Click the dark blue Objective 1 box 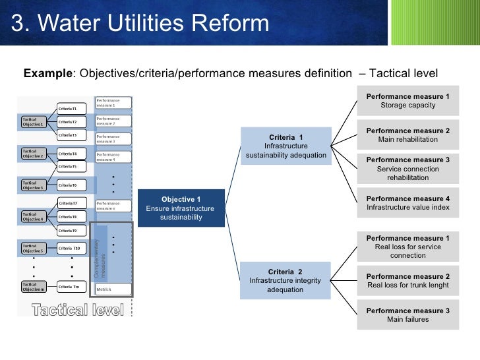(181, 208)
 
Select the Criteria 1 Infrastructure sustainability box (286, 146)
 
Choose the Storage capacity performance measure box (407, 101)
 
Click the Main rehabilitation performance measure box (407, 135)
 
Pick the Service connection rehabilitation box (407, 169)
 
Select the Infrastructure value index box (407, 203)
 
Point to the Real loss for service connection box (407, 246)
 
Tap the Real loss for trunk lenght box (407, 281)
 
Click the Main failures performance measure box (407, 315)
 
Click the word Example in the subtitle (47, 73)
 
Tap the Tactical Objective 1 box (33, 122)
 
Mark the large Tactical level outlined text (78, 310)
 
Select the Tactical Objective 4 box (33, 216)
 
